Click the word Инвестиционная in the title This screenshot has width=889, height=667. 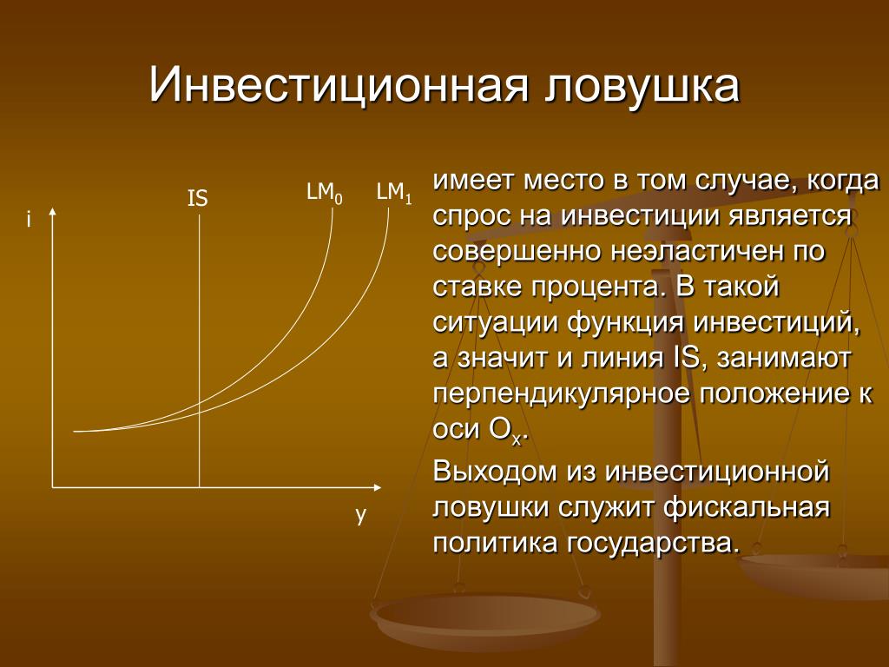tap(339, 85)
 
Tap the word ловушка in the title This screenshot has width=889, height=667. tap(643, 86)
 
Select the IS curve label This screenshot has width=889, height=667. tap(197, 199)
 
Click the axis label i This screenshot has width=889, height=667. tap(29, 219)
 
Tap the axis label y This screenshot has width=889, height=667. tap(360, 515)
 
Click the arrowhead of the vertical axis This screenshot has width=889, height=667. tap(53, 212)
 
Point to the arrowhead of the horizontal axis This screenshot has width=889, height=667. tap(377, 487)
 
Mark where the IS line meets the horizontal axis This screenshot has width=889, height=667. tap(199, 487)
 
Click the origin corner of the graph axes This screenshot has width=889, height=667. tap(53, 487)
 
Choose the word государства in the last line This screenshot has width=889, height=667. tap(653, 544)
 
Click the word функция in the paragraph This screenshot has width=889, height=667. tap(625, 324)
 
